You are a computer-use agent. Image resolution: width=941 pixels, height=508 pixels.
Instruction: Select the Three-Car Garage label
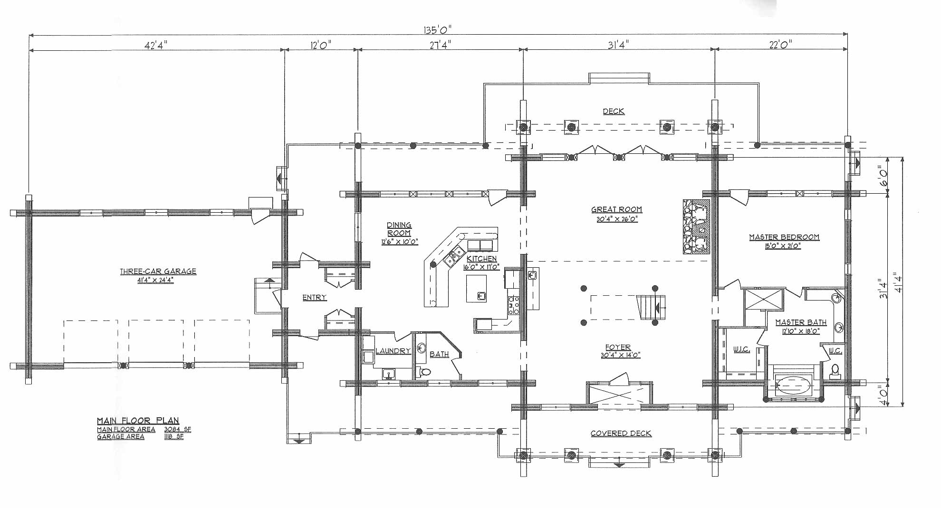158,272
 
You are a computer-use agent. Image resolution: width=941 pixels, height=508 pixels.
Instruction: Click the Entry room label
315,298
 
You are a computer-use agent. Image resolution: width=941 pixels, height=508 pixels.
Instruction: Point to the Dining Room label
399,229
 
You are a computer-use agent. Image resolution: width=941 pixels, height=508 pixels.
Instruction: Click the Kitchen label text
481,259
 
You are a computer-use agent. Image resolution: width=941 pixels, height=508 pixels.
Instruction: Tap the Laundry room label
393,351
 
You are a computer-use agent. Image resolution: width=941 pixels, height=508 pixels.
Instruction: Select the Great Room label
616,209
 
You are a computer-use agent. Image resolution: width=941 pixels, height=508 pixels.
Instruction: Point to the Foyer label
618,348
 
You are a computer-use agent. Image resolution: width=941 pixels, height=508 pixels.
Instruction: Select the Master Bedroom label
784,237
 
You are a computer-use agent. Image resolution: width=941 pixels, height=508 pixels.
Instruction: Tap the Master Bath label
801,322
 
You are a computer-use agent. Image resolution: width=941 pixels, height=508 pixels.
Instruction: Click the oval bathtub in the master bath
794,386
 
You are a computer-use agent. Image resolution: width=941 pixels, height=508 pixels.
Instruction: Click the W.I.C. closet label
741,349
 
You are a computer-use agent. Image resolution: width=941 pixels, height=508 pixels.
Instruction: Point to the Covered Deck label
621,433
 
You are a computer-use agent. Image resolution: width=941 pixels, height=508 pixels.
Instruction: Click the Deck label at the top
614,112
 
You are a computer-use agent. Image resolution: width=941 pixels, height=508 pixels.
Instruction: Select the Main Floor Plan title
138,421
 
